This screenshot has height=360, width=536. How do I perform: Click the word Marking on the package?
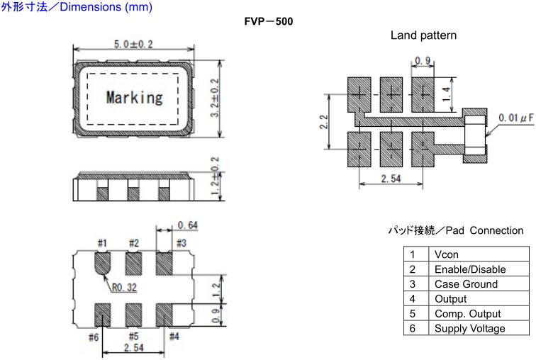tap(134, 97)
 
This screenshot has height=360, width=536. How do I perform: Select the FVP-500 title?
tap(268, 21)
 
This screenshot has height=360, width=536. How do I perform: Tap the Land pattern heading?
tap(423, 35)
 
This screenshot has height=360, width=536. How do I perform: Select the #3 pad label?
tap(181, 244)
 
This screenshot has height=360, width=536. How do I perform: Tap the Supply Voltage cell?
tap(469, 328)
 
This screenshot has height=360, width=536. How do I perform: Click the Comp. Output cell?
tap(467, 313)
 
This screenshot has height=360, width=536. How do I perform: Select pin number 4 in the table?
tap(412, 299)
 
